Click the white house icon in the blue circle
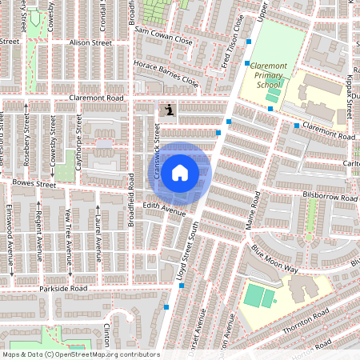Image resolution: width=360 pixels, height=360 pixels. pos(180,172)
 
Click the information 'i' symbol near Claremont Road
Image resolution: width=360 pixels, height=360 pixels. pos(168,110)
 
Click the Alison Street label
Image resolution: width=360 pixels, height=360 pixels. pos(90,42)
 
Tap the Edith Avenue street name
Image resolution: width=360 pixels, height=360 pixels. pos(165,210)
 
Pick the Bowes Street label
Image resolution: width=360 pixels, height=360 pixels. pos(35,185)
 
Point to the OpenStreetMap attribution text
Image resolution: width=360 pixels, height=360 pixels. pos(81,354)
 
